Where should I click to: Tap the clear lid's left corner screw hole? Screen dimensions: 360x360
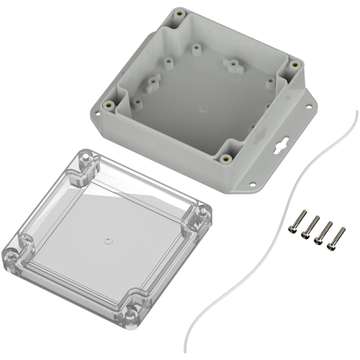click(12, 254)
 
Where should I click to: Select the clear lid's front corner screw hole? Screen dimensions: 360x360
click(134, 312)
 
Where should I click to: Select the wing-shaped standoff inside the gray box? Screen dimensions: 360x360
click(233, 66)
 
